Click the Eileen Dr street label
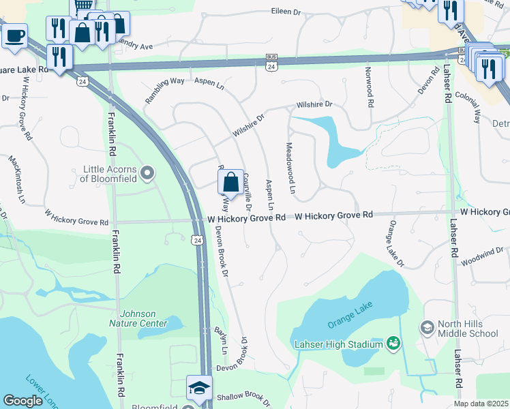pyautogui.click(x=286, y=12)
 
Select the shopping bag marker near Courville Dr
pyautogui.click(x=230, y=183)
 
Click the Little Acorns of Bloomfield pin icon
pyautogui.click(x=147, y=170)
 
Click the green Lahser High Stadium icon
pyautogui.click(x=393, y=342)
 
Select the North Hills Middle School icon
pyautogui.click(x=427, y=328)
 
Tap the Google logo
pyautogui.click(x=22, y=401)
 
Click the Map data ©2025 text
pyautogui.click(x=481, y=404)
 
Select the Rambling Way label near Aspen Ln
pyautogui.click(x=164, y=91)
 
